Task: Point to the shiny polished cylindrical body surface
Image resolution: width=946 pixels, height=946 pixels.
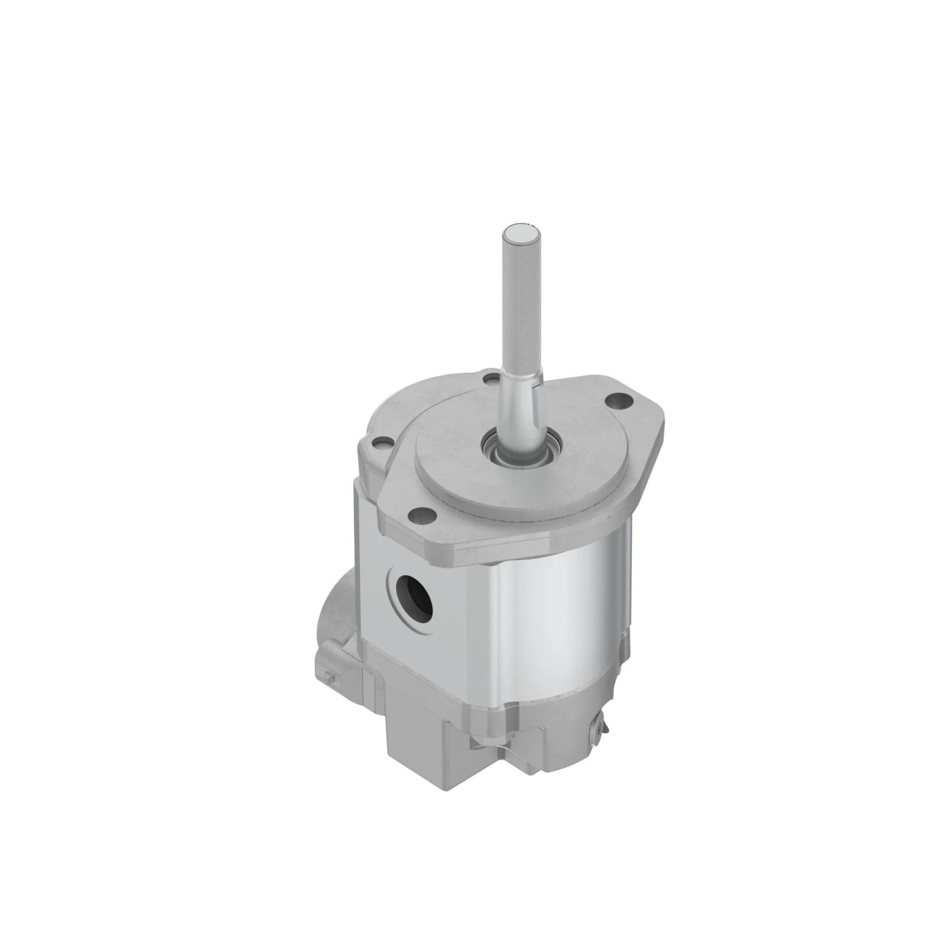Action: [x=569, y=606]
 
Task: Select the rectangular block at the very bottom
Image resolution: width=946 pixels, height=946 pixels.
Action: [x=429, y=739]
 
